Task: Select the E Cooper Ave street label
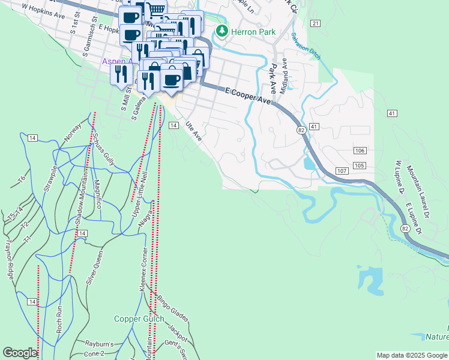(249, 95)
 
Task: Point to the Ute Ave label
(193, 132)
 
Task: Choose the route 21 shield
(315, 23)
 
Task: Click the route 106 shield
(360, 150)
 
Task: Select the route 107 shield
(342, 171)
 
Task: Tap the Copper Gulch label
(139, 319)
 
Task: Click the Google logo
(20, 353)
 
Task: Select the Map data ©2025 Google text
(412, 355)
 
